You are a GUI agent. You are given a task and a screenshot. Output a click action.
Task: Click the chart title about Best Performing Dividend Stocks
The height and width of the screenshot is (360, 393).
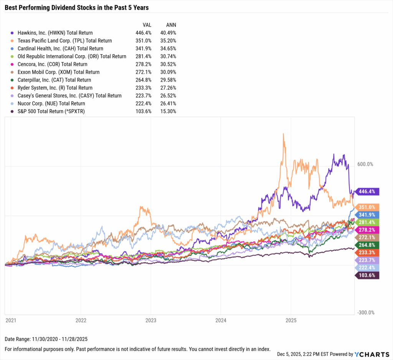[x=77, y=8]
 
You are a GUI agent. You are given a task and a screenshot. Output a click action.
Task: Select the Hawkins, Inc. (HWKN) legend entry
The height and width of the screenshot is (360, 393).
[x=52, y=33]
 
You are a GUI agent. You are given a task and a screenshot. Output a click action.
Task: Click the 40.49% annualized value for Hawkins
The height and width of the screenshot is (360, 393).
[x=168, y=33]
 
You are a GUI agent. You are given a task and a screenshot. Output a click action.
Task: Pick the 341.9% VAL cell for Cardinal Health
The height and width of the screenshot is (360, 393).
[x=144, y=49]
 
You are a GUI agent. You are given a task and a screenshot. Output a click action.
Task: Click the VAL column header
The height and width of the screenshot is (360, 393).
[x=146, y=25]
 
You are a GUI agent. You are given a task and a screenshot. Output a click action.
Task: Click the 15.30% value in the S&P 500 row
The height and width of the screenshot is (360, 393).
[x=168, y=111]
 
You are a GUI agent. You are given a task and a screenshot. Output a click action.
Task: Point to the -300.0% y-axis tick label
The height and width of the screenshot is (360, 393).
[x=366, y=312]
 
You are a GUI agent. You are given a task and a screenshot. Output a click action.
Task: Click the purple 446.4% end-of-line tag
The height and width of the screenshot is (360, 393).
[x=368, y=192]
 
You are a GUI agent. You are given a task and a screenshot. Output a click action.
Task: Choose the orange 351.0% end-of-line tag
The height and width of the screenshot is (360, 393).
[x=368, y=207]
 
